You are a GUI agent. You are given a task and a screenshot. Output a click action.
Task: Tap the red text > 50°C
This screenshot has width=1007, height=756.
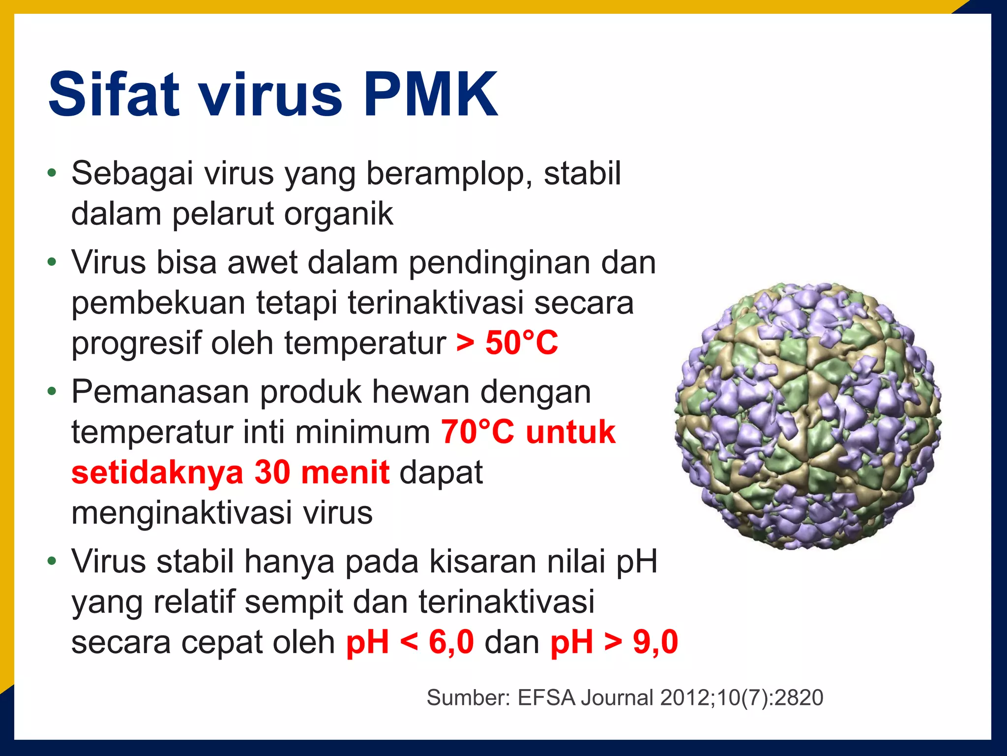(507, 343)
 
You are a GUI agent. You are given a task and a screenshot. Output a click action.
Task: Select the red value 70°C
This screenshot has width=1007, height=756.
(477, 432)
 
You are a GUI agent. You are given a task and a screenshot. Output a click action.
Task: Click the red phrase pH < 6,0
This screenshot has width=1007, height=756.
(410, 642)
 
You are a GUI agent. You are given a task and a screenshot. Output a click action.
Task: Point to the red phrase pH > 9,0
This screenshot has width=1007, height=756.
(614, 642)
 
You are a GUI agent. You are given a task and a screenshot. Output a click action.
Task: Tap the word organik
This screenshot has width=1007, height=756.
(339, 214)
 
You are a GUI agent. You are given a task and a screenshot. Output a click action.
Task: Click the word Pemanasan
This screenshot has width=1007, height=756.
(160, 392)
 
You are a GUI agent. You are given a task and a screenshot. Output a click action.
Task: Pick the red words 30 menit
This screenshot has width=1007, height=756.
(322, 472)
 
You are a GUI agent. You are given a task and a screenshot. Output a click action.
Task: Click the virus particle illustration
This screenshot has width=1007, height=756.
(808, 416)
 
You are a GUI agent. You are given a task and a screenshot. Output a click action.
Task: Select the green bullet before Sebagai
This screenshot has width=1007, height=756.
(52, 173)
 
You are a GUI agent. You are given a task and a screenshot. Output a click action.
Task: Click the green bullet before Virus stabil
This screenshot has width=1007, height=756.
(52, 561)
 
